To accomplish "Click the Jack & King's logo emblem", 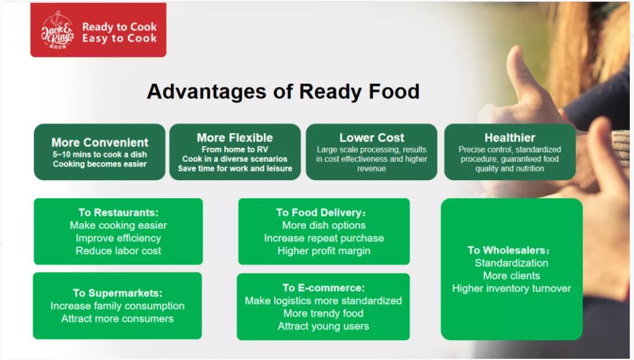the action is coord(57,30).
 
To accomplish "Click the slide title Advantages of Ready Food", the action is coord(283,92).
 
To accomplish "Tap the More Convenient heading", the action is coord(100,142).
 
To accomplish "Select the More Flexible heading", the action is coord(235,137).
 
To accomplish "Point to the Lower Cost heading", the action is coord(372,137).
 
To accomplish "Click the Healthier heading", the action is coord(510,137).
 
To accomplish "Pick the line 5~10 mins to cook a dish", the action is coord(100,154).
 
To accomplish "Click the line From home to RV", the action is coord(235,150).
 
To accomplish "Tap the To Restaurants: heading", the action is coord(119,212).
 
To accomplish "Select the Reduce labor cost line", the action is coord(119,251).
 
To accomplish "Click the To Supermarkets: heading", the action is coord(118,293).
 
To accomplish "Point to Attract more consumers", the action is coord(118,319).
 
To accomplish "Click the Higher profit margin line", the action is coord(324,251).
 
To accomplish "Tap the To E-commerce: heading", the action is coord(324,288).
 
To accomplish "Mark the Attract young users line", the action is coord(324,326).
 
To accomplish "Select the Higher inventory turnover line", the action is coord(512,288).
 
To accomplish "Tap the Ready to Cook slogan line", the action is coord(119,27).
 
